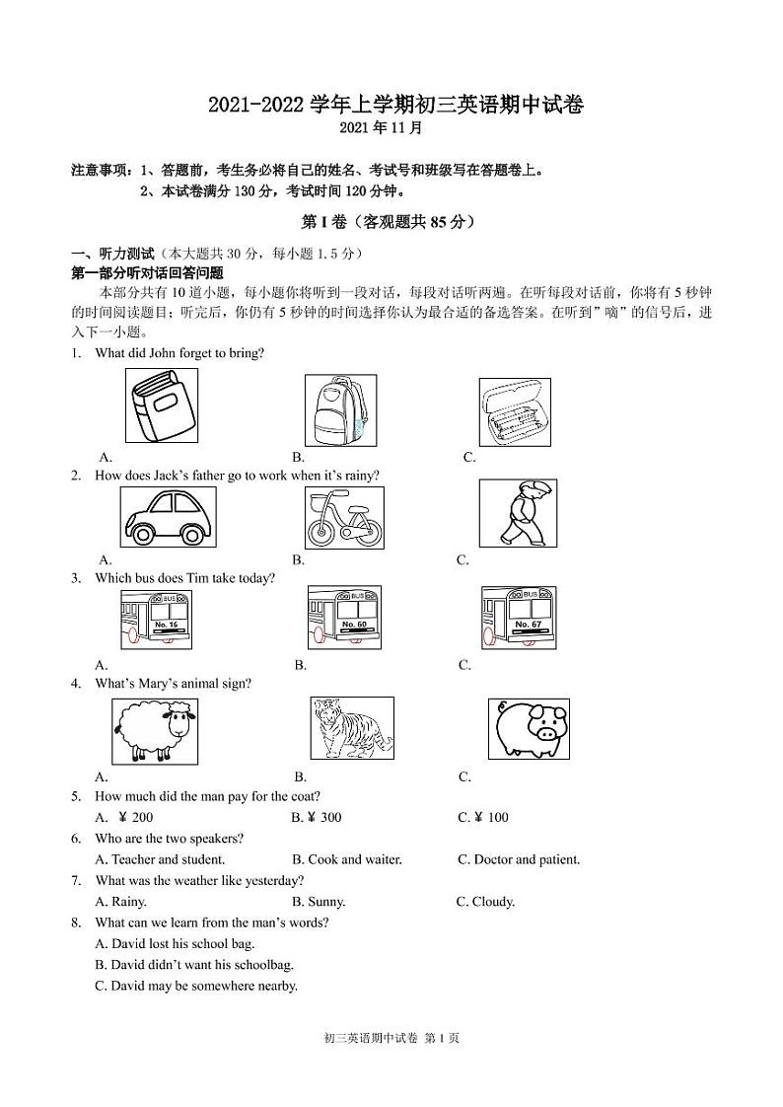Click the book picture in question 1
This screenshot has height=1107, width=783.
tap(162, 406)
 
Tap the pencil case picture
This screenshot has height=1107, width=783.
tap(514, 412)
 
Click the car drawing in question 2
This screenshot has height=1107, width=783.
tap(168, 518)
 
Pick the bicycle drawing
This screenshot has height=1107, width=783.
tap(344, 518)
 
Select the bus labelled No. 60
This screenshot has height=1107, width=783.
tap(343, 618)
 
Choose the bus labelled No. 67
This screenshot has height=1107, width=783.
tap(518, 618)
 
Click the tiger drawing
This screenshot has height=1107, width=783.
tap(351, 728)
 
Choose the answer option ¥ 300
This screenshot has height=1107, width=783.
tap(317, 817)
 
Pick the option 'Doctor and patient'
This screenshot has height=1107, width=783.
tap(519, 859)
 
